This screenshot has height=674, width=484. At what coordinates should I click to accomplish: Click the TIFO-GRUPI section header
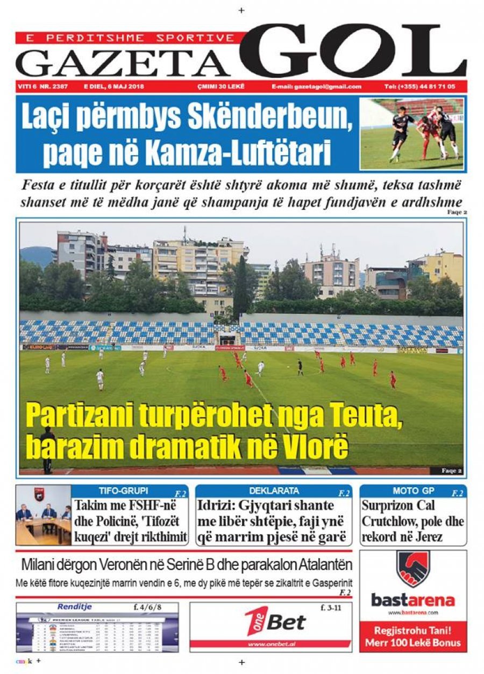(123, 491)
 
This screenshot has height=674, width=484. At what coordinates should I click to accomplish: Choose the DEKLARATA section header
(274, 491)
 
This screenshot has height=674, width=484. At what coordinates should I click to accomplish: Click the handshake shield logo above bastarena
(412, 569)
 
